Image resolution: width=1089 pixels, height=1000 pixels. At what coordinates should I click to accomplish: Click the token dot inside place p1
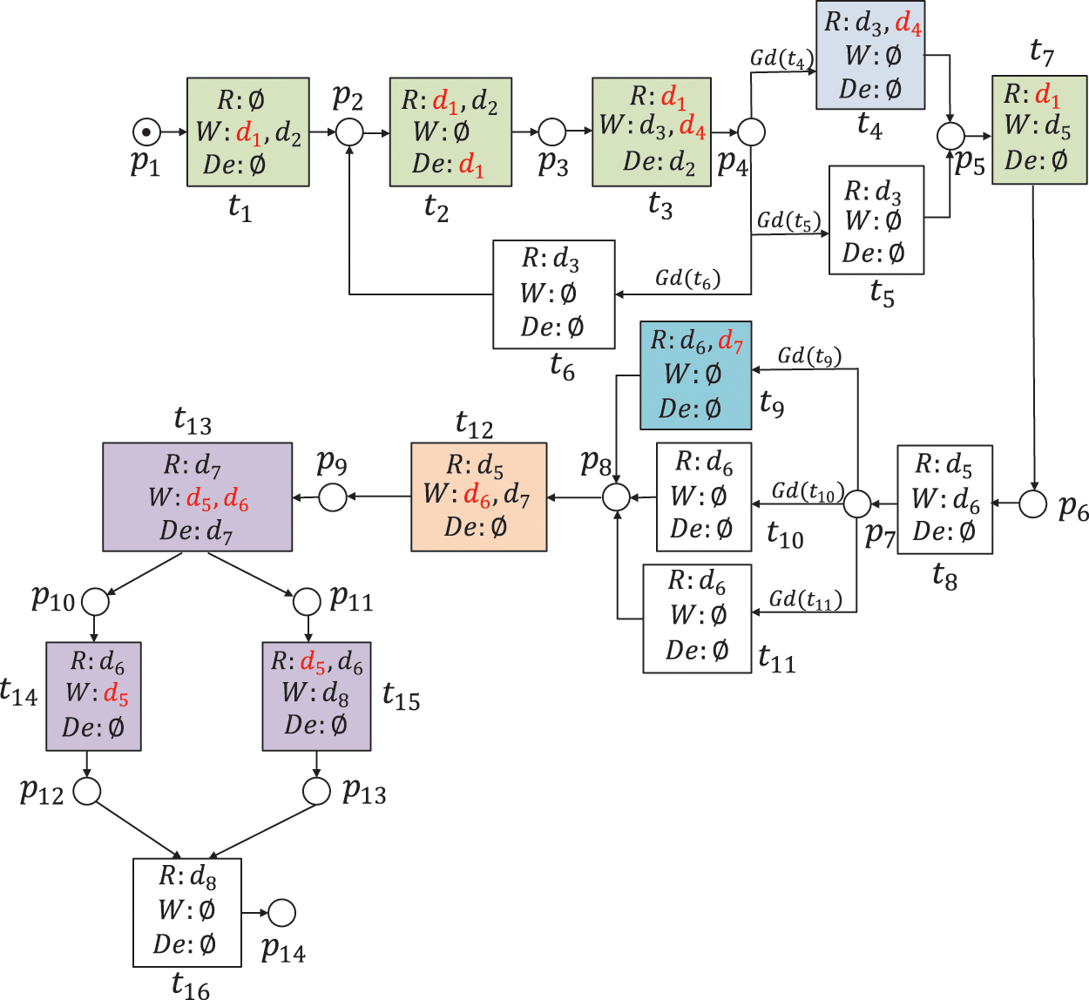click(x=146, y=132)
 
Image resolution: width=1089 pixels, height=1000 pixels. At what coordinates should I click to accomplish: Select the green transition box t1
click(x=248, y=132)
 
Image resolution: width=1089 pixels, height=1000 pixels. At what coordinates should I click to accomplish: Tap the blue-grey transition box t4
click(x=869, y=56)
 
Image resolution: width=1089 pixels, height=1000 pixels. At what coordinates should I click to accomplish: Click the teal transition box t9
click(x=695, y=375)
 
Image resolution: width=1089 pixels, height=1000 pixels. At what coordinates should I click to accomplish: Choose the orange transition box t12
click(x=478, y=497)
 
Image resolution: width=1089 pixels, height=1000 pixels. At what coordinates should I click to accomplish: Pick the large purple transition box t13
click(x=197, y=497)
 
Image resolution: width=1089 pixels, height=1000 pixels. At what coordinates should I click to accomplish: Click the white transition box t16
click(x=186, y=912)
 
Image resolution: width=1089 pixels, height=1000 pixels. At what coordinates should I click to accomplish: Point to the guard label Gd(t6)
click(x=687, y=279)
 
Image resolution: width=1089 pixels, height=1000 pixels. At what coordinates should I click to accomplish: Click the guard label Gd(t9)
click(x=809, y=355)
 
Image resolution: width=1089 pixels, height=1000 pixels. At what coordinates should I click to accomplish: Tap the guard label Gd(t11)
click(x=805, y=599)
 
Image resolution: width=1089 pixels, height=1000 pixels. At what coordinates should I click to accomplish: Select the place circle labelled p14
click(x=281, y=913)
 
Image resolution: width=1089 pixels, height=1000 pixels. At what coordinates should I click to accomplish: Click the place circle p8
click(x=616, y=497)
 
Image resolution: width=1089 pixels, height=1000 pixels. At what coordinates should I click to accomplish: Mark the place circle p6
click(x=1032, y=503)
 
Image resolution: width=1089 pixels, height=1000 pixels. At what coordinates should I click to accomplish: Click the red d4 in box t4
click(x=908, y=24)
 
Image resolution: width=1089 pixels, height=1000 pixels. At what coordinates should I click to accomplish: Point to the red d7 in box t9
click(x=731, y=342)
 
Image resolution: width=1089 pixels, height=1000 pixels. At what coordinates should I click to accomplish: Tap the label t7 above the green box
click(x=1041, y=53)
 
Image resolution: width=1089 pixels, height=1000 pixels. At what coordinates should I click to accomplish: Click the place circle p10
click(x=95, y=602)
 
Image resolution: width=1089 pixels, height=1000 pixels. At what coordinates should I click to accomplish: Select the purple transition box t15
click(x=316, y=696)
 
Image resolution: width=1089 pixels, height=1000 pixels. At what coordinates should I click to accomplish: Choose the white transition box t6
click(x=553, y=294)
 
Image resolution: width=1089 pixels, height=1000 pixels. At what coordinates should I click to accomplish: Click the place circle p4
click(x=751, y=132)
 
